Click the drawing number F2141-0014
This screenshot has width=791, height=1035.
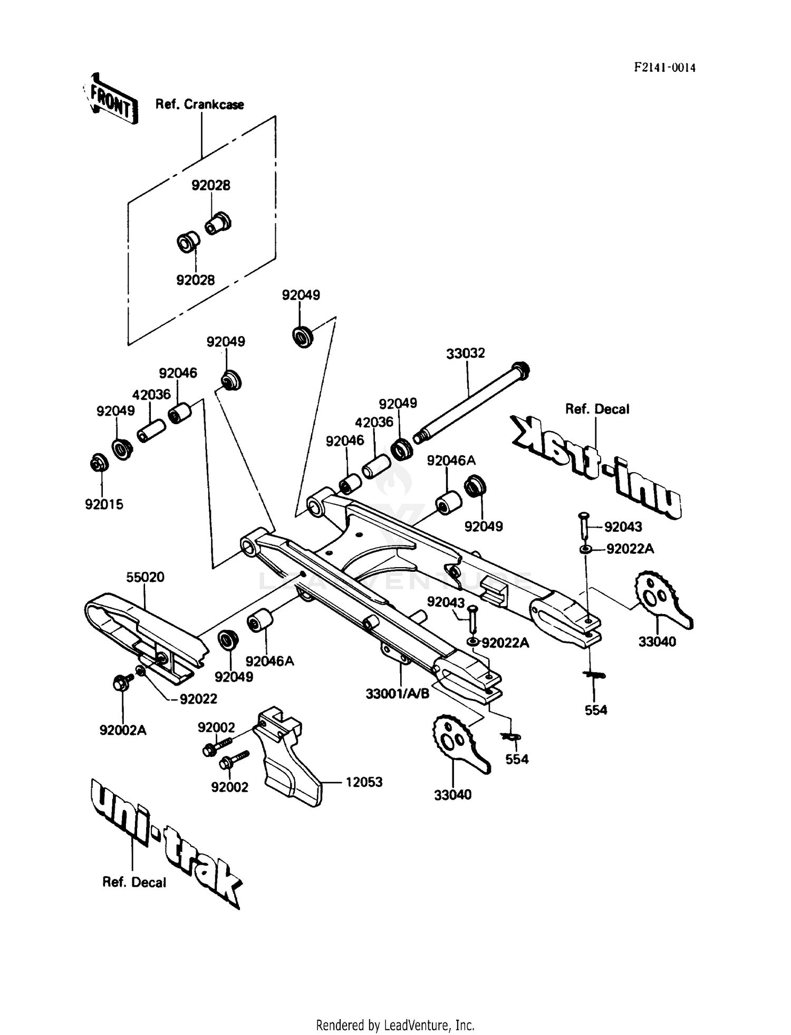(x=664, y=68)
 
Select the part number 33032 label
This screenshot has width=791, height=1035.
(x=465, y=353)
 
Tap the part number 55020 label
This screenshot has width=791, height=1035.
(x=145, y=577)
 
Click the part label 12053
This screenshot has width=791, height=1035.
(x=364, y=782)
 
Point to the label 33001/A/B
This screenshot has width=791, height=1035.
(x=397, y=693)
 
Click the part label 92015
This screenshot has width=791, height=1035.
(x=104, y=504)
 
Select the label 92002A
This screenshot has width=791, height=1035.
(x=123, y=730)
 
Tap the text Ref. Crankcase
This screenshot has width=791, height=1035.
(x=199, y=104)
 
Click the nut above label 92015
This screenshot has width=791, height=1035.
(x=99, y=463)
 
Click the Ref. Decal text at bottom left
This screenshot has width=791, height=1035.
(x=134, y=882)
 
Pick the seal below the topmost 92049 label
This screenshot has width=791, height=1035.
(x=302, y=336)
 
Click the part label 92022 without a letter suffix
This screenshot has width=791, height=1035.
(x=198, y=698)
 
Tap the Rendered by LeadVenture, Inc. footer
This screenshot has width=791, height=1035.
(x=395, y=1025)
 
